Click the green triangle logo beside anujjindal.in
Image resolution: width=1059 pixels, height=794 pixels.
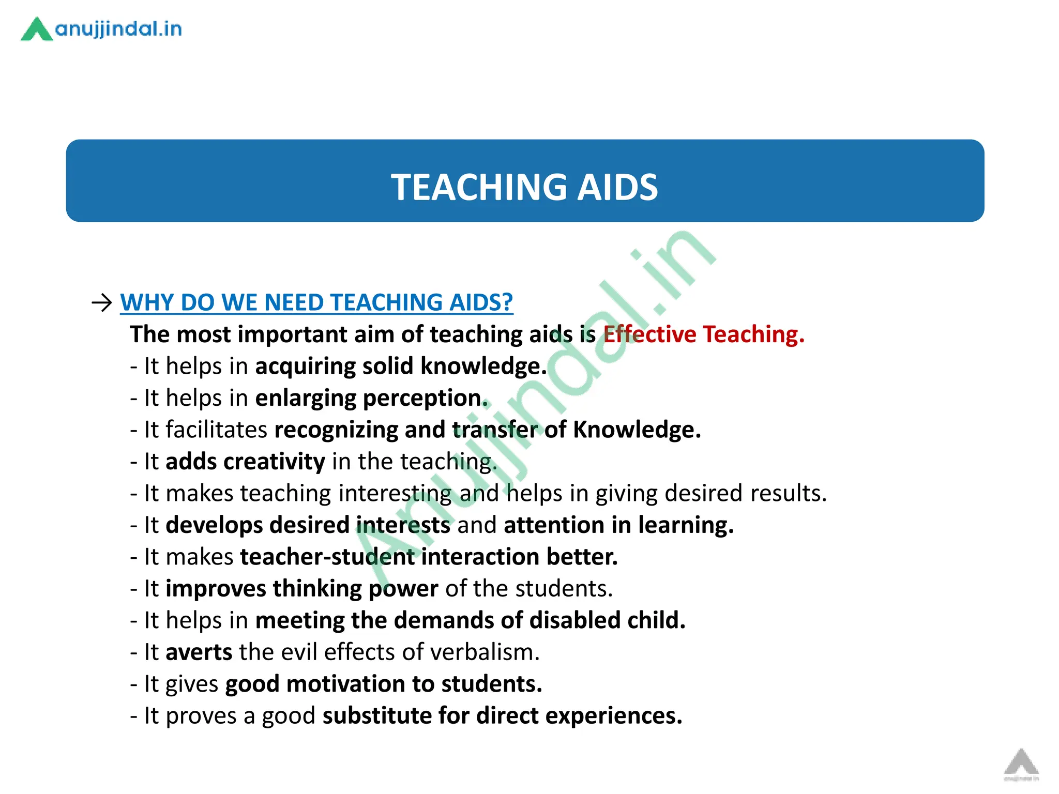click(36, 29)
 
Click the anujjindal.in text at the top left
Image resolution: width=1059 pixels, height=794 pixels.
click(118, 29)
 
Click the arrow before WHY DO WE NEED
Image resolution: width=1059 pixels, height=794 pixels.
click(101, 302)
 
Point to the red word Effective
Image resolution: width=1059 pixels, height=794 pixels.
click(649, 334)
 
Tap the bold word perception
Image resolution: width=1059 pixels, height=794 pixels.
click(426, 398)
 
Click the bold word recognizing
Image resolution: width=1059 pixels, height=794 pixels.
click(336, 430)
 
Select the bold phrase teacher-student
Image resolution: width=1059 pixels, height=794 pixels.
click(327, 557)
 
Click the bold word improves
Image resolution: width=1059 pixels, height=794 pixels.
click(216, 589)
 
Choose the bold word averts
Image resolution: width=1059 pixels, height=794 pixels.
click(199, 652)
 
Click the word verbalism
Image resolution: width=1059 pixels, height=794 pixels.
click(485, 652)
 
